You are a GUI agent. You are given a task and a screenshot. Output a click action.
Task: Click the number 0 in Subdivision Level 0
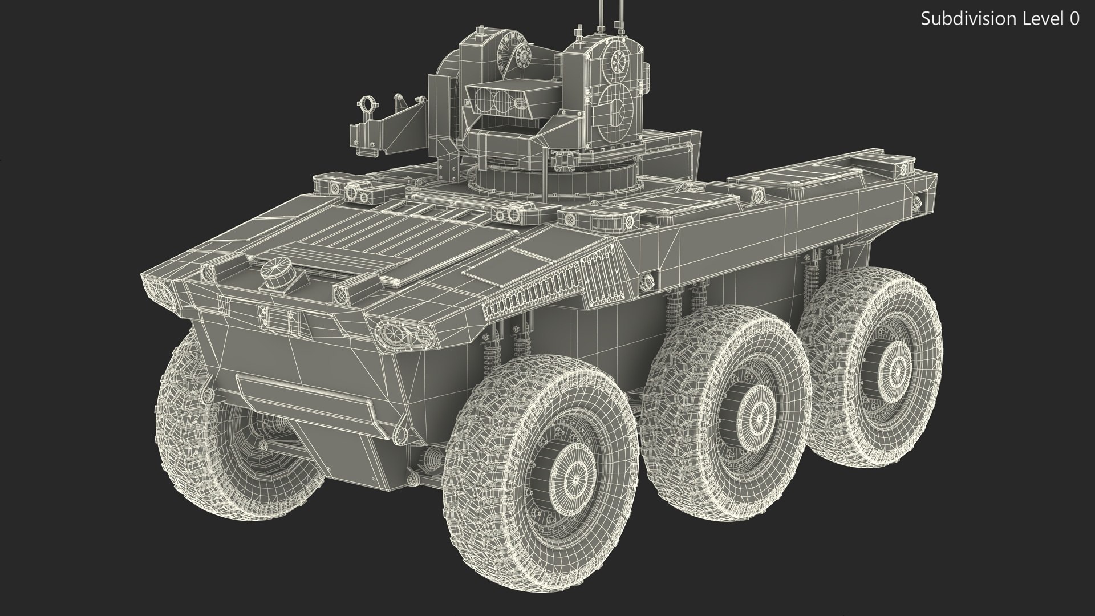coord(1074,19)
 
